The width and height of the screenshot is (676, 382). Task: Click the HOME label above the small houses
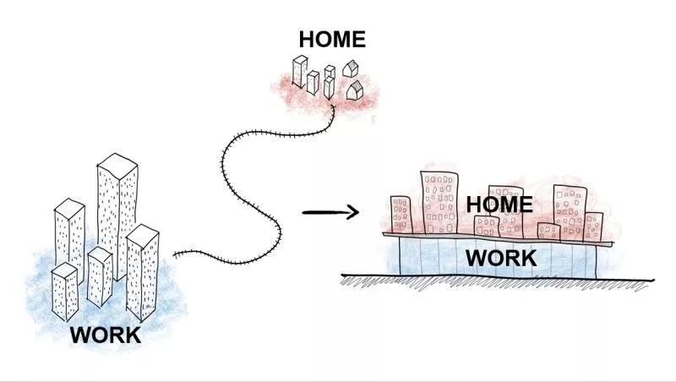(x=332, y=39)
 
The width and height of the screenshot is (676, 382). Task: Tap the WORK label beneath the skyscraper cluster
(x=106, y=335)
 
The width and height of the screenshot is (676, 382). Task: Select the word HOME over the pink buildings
(x=499, y=205)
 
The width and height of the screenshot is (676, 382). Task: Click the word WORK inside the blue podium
(x=501, y=259)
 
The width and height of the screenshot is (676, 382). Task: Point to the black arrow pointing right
(x=330, y=212)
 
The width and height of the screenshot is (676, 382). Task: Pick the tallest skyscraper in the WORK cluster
(x=117, y=216)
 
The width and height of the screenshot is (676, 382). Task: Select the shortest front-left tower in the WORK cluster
(x=65, y=292)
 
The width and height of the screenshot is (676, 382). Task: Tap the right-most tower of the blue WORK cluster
(x=142, y=272)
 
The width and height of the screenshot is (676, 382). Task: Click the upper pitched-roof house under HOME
(x=351, y=69)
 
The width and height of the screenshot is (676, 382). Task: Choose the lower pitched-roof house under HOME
(x=355, y=90)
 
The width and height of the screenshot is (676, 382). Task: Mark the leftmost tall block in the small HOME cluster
(x=300, y=71)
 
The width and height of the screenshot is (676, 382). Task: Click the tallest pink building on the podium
(x=439, y=203)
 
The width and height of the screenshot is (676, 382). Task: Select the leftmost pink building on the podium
(x=401, y=215)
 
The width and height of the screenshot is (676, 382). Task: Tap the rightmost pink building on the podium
(x=593, y=226)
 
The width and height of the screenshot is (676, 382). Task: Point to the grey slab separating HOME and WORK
(x=498, y=239)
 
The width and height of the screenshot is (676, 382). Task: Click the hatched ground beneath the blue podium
(x=496, y=282)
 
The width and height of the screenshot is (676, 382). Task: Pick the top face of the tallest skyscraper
(x=117, y=165)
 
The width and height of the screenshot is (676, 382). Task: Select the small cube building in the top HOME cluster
(x=330, y=71)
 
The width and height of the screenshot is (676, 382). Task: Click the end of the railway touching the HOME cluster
(x=333, y=105)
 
